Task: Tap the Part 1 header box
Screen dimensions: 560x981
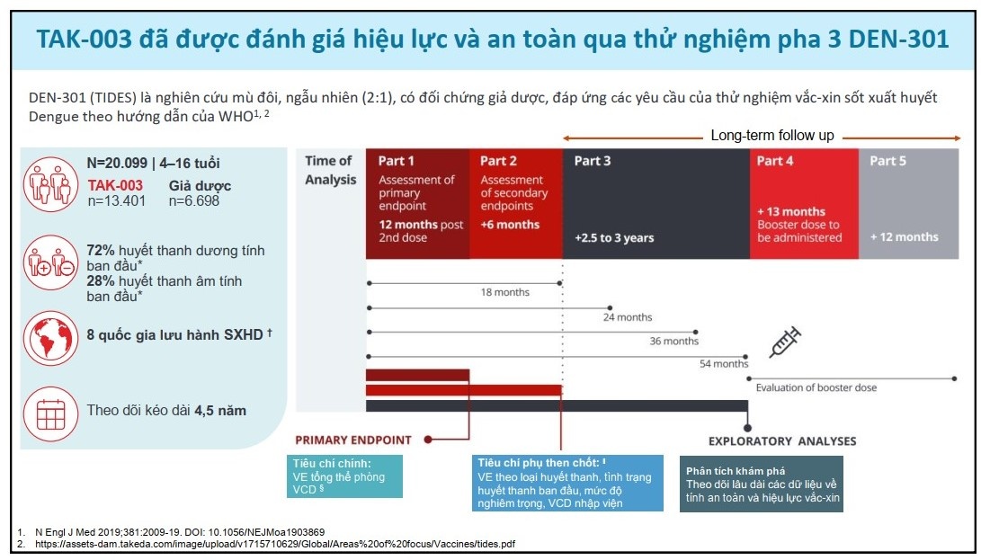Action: coord(417,203)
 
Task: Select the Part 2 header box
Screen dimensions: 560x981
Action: coord(515,203)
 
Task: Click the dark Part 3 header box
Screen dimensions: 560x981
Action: coord(655,203)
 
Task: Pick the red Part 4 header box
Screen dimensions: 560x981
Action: coord(804,203)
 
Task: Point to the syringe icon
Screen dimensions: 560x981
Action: coord(785,342)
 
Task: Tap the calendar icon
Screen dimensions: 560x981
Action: coord(50,412)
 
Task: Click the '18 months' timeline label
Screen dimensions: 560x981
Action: coord(505,293)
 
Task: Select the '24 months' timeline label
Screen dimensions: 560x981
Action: coord(628,317)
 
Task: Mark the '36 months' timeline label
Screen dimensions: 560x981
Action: coord(673,342)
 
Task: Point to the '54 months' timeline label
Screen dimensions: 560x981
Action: coord(723,364)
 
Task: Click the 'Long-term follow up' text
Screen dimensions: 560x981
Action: coord(771,136)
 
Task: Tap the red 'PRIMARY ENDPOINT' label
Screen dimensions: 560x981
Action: coord(353,440)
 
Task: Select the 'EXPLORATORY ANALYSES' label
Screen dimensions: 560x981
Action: coord(782,441)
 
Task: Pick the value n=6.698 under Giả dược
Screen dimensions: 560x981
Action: coord(193,201)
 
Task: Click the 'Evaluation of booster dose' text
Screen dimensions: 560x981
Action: coord(816,387)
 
